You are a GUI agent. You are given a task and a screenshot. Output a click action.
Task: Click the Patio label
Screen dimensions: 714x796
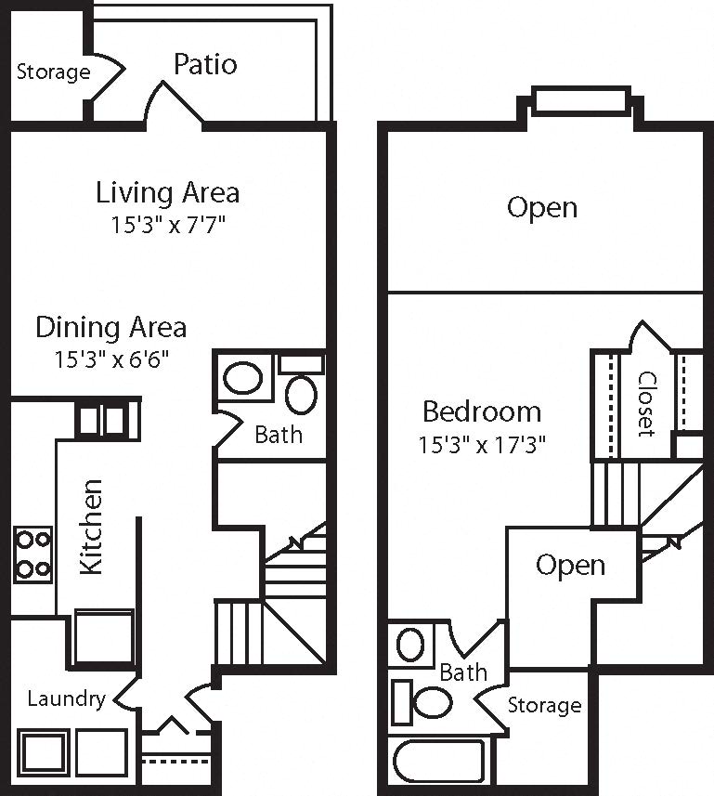pos(205,64)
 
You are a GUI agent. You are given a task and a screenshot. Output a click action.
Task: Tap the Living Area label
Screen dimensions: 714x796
pos(167,193)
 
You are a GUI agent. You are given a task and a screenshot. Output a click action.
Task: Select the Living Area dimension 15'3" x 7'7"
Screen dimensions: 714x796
pos(168,225)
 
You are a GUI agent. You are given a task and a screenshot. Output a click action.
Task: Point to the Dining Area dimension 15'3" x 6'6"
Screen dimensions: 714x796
pos(111,359)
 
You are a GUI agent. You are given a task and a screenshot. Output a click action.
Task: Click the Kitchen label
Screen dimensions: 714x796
pos(92,527)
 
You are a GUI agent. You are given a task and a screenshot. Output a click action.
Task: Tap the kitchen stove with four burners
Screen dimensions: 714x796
pos(33,555)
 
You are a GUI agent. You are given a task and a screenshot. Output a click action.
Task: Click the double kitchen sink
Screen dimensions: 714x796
pos(108,421)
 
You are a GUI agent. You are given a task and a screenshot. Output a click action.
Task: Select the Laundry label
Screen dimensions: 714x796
pos(67,699)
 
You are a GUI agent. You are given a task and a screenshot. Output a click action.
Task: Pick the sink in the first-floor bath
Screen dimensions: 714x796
pos(243,378)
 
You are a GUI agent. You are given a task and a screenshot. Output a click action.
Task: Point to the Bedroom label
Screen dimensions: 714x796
pos(482,411)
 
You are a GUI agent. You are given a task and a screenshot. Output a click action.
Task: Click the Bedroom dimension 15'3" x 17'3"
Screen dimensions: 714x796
pos(482,445)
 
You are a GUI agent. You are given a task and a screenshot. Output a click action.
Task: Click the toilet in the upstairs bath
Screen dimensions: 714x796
pos(422,702)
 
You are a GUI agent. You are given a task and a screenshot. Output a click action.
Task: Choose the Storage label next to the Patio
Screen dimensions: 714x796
pos(53,72)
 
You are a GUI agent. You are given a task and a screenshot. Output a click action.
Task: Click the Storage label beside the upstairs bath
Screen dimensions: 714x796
pos(544,705)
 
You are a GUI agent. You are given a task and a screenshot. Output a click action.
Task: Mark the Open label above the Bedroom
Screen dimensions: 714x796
pos(542,208)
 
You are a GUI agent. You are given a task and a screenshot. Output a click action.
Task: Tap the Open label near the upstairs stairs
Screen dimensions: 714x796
pos(570,566)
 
